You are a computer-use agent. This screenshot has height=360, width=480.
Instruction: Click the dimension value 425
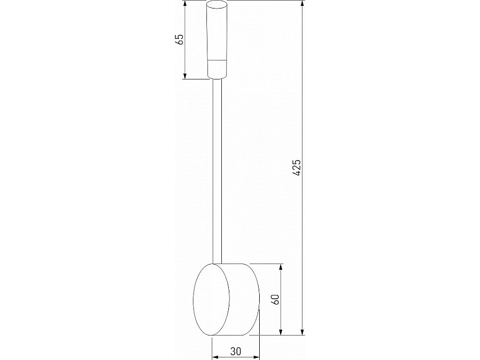coord(298,167)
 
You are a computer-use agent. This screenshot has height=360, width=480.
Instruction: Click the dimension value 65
coord(180,39)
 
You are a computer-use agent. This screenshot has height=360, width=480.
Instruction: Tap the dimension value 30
coord(235,351)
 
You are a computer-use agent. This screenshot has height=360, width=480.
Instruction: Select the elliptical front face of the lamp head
coord(212,300)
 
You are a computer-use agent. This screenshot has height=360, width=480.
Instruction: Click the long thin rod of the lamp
coord(217,171)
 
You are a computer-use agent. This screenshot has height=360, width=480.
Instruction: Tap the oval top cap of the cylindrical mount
coord(217,7)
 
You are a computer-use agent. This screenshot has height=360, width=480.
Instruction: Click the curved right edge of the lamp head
coord(258,300)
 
